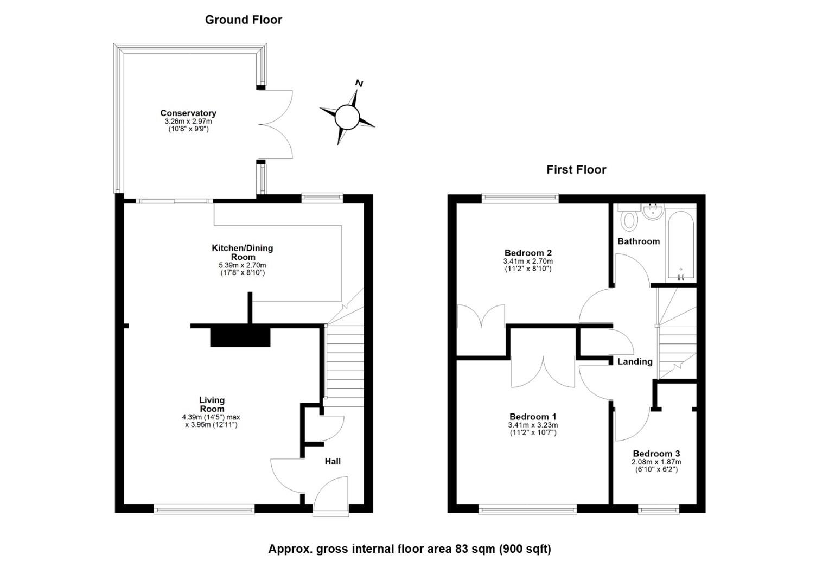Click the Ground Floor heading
[244, 20]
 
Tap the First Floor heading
[576, 170]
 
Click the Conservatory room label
[188, 113]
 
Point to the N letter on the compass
[359, 84]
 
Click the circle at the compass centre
[347, 117]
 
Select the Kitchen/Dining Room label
[243, 252]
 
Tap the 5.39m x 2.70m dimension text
[243, 265]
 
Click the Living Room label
[212, 404]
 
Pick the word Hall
[333, 461]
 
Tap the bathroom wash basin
[653, 212]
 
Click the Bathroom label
[639, 241]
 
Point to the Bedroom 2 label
[528, 253]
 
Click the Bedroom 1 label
[533, 417]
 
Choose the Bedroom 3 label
[656, 454]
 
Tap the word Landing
[635, 362]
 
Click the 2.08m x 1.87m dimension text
[656, 462]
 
